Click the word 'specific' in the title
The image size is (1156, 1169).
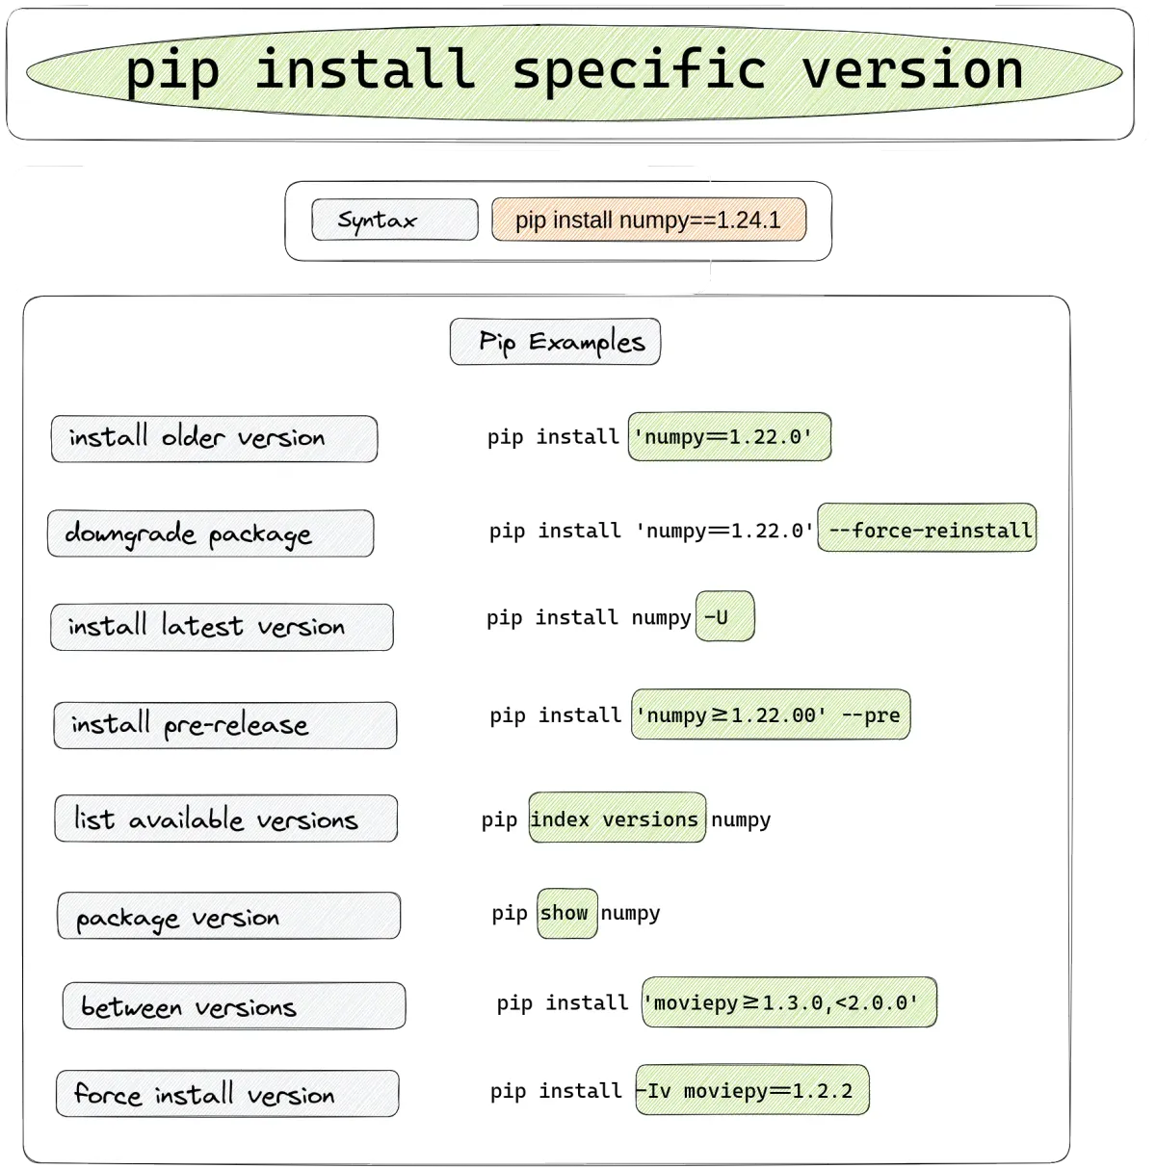(x=640, y=71)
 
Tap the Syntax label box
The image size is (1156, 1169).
(x=395, y=220)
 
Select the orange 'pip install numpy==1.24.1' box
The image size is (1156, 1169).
(x=649, y=220)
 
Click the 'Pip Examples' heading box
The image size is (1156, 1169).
(x=556, y=342)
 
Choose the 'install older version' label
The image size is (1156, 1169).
(x=214, y=438)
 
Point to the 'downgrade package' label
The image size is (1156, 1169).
(x=211, y=533)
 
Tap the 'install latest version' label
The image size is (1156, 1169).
(x=223, y=627)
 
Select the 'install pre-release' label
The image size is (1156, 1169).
(x=225, y=725)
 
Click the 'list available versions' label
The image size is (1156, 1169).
(x=225, y=818)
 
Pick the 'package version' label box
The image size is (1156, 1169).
(x=229, y=916)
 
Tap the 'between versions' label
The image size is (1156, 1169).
(x=234, y=1006)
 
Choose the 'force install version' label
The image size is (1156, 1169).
(x=227, y=1094)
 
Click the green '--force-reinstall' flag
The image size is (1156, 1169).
(x=927, y=528)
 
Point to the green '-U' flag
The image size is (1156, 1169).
(x=725, y=616)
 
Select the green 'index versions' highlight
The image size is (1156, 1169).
(x=617, y=818)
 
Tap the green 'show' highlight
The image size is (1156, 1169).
(x=567, y=914)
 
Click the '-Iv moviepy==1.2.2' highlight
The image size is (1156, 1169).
(x=753, y=1090)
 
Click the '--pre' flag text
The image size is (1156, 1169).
(x=871, y=715)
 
